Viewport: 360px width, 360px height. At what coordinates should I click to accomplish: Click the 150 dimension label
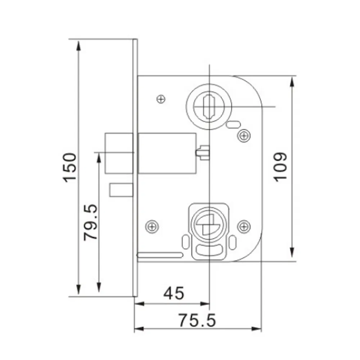(x=70, y=167)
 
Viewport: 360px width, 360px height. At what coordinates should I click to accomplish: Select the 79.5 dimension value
(x=90, y=222)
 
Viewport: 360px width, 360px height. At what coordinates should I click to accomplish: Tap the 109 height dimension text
(x=280, y=166)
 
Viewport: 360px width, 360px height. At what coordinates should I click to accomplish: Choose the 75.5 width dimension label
(x=197, y=320)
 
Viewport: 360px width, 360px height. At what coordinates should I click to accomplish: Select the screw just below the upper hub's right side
(x=244, y=135)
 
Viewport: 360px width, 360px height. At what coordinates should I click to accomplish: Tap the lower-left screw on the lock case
(x=152, y=226)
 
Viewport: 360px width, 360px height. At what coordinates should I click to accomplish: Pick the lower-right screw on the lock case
(x=244, y=226)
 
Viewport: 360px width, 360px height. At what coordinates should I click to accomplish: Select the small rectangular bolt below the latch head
(x=121, y=190)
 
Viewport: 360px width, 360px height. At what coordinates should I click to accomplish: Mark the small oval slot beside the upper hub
(x=233, y=125)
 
